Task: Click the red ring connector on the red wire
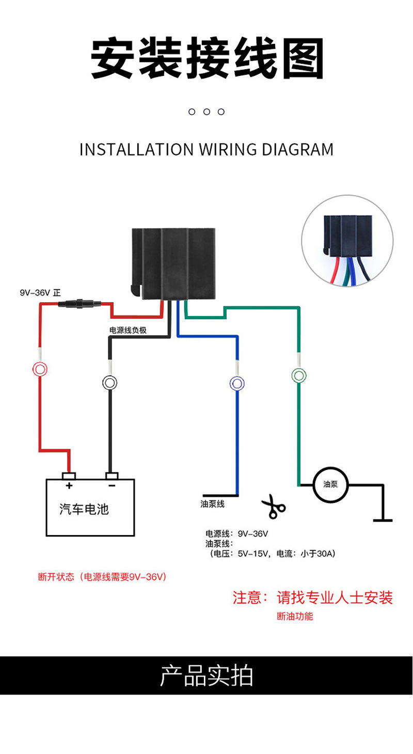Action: pyautogui.click(x=40, y=369)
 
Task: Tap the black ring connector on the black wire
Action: pyautogui.click(x=109, y=383)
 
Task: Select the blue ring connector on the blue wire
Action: pyautogui.click(x=236, y=383)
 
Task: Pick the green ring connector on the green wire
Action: pyautogui.click(x=298, y=375)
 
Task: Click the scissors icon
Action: pyautogui.click(x=273, y=507)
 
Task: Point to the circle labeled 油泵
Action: pyautogui.click(x=330, y=484)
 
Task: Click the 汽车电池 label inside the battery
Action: pyautogui.click(x=84, y=510)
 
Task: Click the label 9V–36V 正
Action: pyautogui.click(x=40, y=293)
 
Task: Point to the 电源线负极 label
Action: pyautogui.click(x=128, y=330)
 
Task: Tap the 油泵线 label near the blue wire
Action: pyautogui.click(x=213, y=504)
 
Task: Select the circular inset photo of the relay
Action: pyautogui.click(x=347, y=241)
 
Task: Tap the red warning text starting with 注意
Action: pyautogui.click(x=313, y=598)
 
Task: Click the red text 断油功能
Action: pyautogui.click(x=295, y=616)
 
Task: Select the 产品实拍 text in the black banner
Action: pyautogui.click(x=206, y=676)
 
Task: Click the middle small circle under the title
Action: pyautogui.click(x=206, y=112)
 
